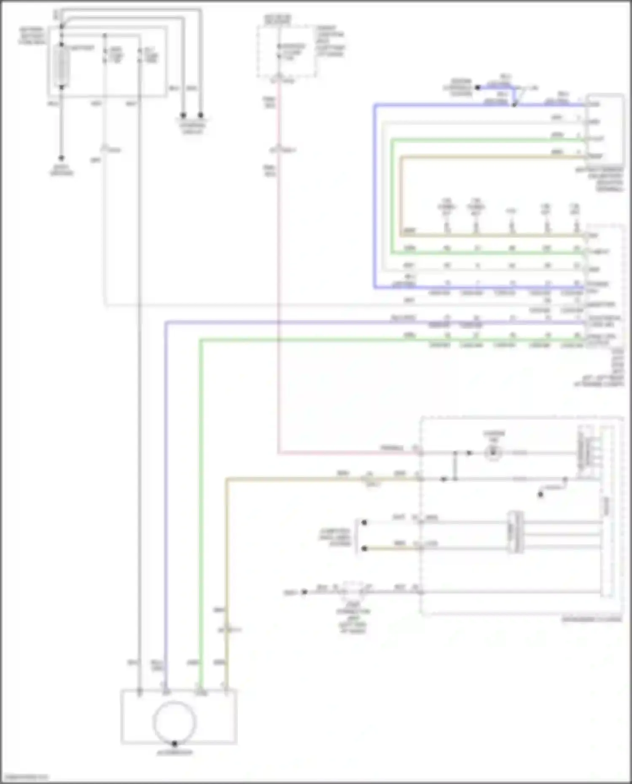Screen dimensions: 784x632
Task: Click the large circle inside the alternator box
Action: pyautogui.click(x=175, y=722)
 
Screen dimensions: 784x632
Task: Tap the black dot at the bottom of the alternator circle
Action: pyautogui.click(x=175, y=744)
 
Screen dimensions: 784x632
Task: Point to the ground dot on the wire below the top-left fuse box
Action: pyautogui.click(x=62, y=158)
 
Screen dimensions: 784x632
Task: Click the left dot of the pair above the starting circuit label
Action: pyautogui.click(x=183, y=115)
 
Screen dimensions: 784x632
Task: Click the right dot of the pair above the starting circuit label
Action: pyautogui.click(x=201, y=115)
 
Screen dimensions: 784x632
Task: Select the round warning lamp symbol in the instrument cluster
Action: pyautogui.click(x=493, y=453)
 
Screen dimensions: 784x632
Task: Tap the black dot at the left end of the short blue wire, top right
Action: pyautogui.click(x=478, y=88)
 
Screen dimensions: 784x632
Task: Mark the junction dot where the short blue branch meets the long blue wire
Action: pyautogui.click(x=514, y=104)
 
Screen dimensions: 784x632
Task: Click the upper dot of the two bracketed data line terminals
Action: pyautogui.click(x=364, y=522)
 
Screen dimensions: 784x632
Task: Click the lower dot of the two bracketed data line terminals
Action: pyautogui.click(x=364, y=549)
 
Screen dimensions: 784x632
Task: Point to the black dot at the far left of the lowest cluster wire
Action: pyautogui.click(x=304, y=592)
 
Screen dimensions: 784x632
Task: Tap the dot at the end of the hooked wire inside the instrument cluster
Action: pyautogui.click(x=541, y=494)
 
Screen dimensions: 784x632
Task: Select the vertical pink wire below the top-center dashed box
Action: pyautogui.click(x=278, y=253)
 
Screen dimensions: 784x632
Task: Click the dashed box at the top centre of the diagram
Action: pyautogui.click(x=287, y=51)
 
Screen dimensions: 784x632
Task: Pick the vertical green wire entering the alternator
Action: pyautogui.click(x=201, y=506)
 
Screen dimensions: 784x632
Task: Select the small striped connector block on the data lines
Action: pyautogui.click(x=516, y=532)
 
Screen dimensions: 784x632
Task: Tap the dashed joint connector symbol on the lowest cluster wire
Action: pyautogui.click(x=353, y=591)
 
